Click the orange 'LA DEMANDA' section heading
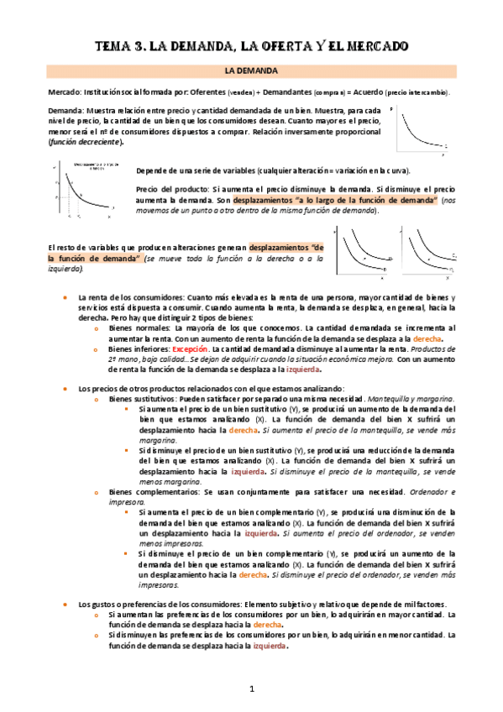point(251,72)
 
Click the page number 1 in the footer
point(250,689)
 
